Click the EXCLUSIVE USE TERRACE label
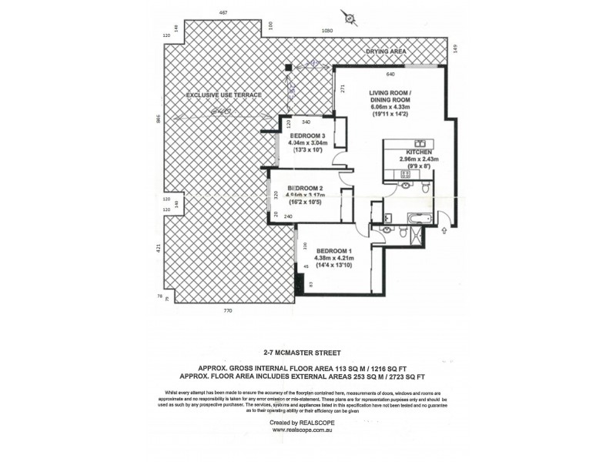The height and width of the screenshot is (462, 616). tap(224, 95)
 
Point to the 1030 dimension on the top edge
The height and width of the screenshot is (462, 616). tap(326, 30)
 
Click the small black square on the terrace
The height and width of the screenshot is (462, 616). tap(288, 69)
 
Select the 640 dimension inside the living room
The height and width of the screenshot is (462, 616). tap(390, 74)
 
